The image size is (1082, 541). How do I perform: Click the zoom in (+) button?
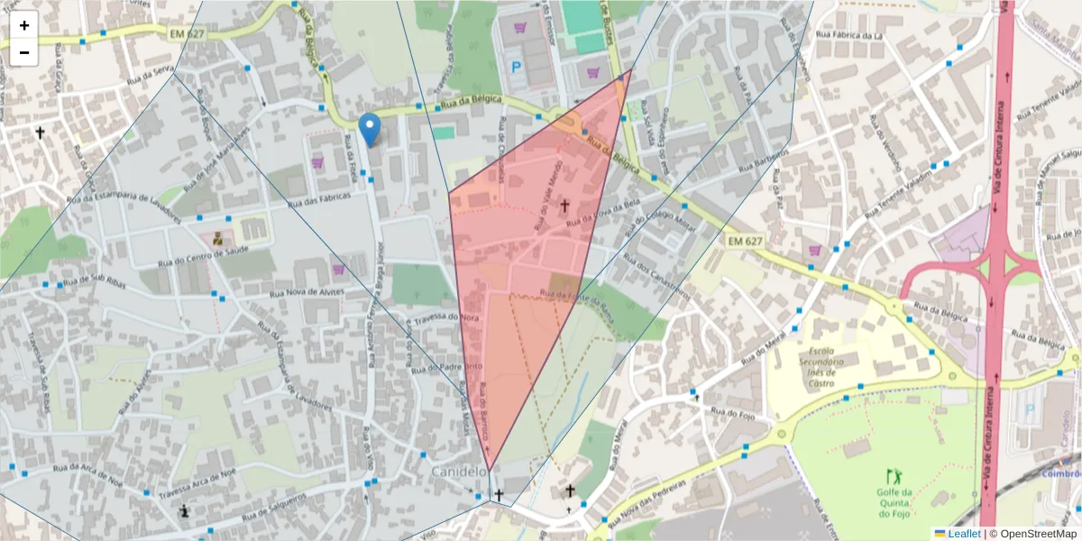[x=24, y=25]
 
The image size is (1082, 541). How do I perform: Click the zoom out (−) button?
[x=24, y=52]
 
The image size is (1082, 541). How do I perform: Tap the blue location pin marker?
[x=369, y=129]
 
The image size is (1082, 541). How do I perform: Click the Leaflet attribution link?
[x=963, y=534]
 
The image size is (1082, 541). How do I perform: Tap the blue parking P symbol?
[x=517, y=66]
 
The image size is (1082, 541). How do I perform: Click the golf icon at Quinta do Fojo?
[x=894, y=475]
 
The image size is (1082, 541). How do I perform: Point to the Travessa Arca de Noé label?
[x=192, y=484]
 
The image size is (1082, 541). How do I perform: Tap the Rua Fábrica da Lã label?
[x=848, y=36]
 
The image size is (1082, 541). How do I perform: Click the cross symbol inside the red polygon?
[x=565, y=206]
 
